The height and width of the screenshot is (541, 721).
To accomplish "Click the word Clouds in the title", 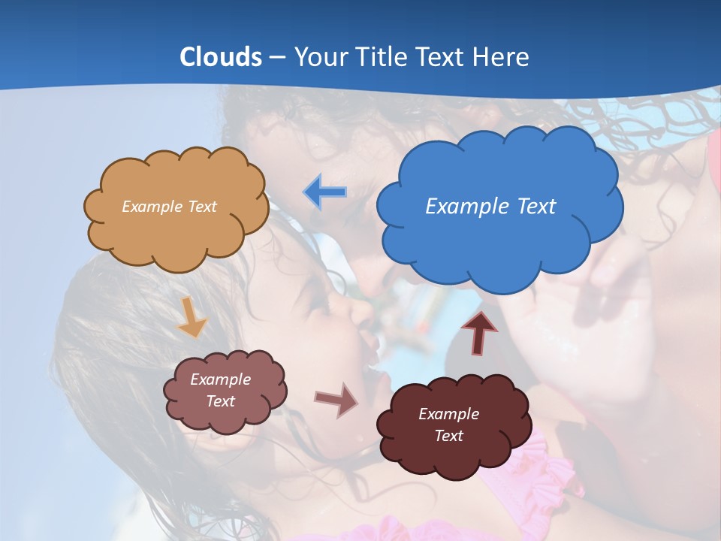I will tap(221, 57).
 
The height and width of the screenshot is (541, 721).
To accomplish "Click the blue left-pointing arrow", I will tap(325, 192).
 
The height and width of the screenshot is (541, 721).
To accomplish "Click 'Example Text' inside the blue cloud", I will tap(490, 206).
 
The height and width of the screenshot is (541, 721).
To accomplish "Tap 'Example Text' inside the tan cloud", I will tap(169, 206).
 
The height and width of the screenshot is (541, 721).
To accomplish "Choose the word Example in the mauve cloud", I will tap(220, 379).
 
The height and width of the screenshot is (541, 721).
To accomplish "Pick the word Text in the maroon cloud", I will tap(448, 436).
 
